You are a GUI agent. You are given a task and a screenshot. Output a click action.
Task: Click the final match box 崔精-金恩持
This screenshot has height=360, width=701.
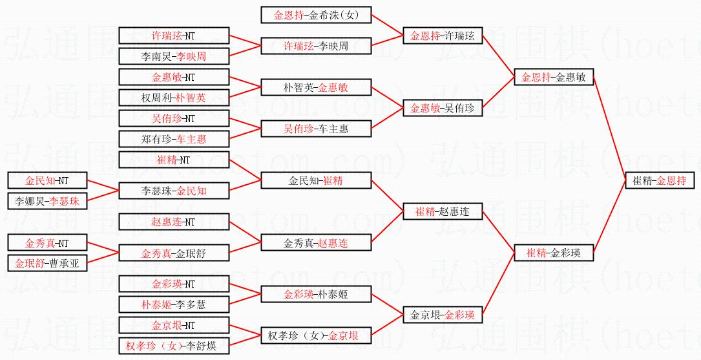pyautogui.click(x=660, y=181)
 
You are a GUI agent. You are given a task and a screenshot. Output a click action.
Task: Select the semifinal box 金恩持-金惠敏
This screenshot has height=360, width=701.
pyautogui.click(x=554, y=78)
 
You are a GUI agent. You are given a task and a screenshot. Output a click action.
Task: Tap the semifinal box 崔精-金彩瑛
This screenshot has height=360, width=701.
pyautogui.click(x=554, y=253)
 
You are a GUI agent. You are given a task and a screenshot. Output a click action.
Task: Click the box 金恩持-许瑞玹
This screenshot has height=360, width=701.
pyautogui.click(x=443, y=36)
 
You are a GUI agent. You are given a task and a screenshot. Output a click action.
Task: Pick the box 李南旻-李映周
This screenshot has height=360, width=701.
pyautogui.click(x=174, y=56)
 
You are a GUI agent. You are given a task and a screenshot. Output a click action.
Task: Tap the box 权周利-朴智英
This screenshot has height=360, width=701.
pyautogui.click(x=174, y=98)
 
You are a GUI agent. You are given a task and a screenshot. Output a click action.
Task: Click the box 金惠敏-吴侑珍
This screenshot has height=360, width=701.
pyautogui.click(x=443, y=109)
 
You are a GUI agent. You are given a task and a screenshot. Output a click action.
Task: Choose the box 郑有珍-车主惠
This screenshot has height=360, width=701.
pyautogui.click(x=174, y=138)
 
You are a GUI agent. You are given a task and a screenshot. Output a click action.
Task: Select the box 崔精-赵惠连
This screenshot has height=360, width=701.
pyautogui.click(x=443, y=211)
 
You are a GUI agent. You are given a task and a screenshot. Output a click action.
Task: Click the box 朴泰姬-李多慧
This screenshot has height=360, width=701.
pyautogui.click(x=174, y=304)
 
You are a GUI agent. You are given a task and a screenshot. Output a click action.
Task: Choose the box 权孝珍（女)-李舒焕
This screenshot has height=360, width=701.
pyautogui.click(x=174, y=346)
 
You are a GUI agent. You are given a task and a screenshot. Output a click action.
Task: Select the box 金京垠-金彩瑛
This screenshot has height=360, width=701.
pyautogui.click(x=443, y=315)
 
